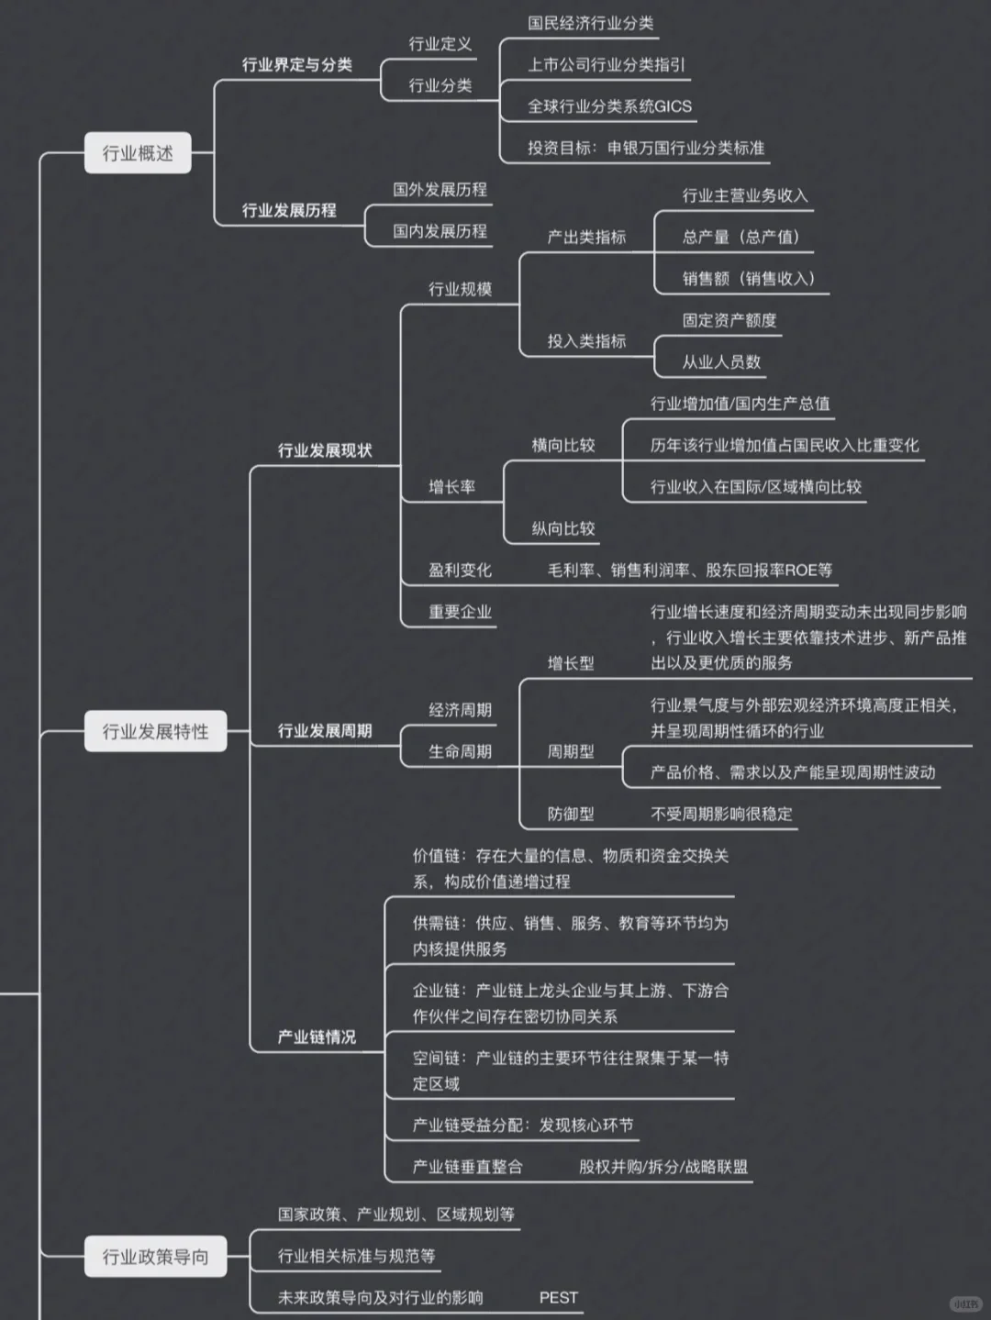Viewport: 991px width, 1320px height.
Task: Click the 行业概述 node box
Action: coord(138,153)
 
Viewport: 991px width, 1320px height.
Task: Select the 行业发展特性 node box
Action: coord(155,731)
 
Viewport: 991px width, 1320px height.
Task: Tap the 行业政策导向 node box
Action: coord(155,1256)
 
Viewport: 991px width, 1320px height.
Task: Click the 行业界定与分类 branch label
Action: coord(296,64)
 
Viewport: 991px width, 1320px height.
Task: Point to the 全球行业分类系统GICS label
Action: coord(609,106)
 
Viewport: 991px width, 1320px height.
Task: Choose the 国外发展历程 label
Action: coord(440,190)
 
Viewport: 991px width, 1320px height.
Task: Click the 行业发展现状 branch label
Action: coord(325,450)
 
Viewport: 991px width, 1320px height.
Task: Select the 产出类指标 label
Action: coord(586,237)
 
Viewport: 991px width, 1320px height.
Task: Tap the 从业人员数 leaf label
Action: coord(721,361)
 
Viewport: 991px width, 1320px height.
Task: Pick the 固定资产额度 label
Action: coord(729,320)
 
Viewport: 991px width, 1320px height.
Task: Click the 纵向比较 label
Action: coord(563,528)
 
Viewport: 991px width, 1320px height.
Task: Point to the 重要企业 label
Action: coord(460,612)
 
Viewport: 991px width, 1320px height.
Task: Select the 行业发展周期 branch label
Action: coord(325,731)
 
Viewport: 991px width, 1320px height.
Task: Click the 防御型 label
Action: coord(571,814)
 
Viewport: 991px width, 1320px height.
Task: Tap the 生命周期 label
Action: coord(460,751)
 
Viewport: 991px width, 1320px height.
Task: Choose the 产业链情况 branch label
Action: coord(317,1037)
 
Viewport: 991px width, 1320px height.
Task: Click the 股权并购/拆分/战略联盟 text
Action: coord(663,1167)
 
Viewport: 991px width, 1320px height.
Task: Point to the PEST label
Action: coord(558,1297)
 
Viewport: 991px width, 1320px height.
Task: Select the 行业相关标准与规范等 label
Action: coord(356,1256)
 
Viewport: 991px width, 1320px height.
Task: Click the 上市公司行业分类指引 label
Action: coord(607,64)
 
